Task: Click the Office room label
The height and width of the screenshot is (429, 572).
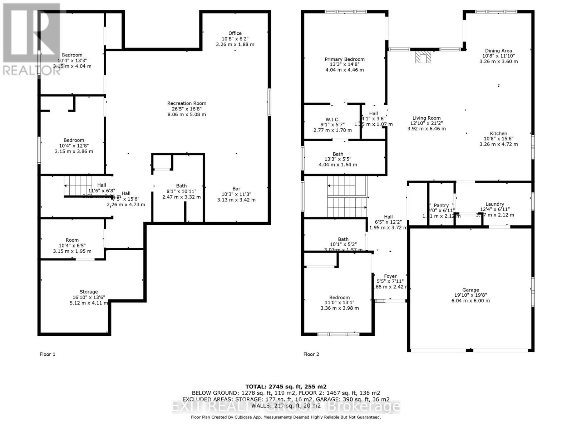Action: (235, 33)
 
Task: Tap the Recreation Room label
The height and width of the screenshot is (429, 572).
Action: (187, 103)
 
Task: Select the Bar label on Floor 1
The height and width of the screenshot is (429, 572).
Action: (236, 189)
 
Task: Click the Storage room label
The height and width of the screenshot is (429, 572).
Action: (89, 292)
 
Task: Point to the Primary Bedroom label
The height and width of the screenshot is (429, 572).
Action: (345, 59)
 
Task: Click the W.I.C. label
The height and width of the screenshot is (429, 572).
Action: (332, 120)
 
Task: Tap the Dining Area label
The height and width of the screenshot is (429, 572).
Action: (498, 51)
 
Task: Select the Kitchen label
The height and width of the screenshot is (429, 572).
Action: (498, 134)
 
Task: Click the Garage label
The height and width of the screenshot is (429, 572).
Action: (470, 290)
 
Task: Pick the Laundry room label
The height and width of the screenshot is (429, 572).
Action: (495, 204)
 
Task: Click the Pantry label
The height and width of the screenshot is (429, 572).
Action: (441, 205)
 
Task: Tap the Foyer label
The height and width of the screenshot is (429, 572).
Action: (390, 276)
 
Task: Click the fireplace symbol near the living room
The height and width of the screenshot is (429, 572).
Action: (423, 57)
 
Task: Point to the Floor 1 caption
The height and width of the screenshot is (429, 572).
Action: (48, 354)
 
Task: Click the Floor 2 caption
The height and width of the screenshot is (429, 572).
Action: (311, 354)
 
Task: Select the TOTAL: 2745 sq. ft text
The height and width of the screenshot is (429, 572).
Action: (286, 386)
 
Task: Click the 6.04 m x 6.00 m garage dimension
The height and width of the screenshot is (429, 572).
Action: (470, 301)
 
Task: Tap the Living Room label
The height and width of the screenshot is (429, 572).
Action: (426, 118)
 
